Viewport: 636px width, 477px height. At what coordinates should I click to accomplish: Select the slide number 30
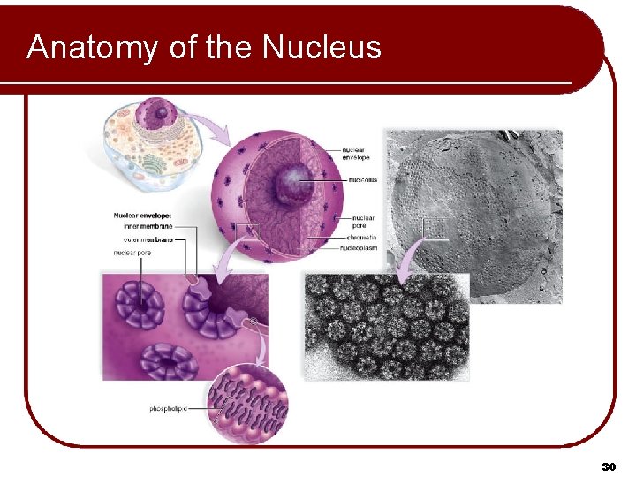coord(608,466)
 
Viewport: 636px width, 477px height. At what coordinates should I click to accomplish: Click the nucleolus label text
coord(362,179)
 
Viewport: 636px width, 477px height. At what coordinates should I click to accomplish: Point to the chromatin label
coord(362,238)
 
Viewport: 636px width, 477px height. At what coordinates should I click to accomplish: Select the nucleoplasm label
coord(365,248)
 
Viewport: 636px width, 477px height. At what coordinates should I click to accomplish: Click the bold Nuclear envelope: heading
coord(142,215)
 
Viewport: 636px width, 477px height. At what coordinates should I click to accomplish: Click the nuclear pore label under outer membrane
coord(134,252)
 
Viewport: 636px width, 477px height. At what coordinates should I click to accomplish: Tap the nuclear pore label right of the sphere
coord(362,221)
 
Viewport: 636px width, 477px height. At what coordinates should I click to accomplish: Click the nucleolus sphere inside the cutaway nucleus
coord(290,185)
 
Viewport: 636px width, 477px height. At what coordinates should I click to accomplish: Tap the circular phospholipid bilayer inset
coord(248,402)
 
